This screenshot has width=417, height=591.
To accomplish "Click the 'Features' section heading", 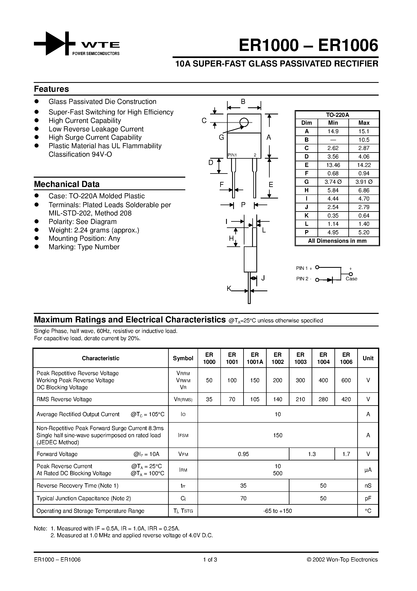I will tap(51, 89).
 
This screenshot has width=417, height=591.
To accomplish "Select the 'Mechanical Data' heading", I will tap(67, 184).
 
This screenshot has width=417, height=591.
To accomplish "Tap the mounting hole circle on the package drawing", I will tap(244, 122).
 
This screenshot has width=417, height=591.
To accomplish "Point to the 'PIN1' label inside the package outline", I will tap(232, 155).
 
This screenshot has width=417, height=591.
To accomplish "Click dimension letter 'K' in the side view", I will tap(229, 289).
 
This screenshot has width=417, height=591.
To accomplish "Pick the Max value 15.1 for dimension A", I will tap(364, 131).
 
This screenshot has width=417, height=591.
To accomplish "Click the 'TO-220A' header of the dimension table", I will tap(337, 115).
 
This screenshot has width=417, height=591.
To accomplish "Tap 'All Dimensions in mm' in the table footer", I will tap(337, 241).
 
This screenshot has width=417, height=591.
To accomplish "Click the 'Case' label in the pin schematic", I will tap(351, 279).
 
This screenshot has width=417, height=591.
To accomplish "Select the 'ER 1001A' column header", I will tap(255, 358).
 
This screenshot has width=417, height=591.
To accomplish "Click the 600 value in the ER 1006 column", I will tap(346, 380).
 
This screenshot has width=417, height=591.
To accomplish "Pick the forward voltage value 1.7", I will tap(346, 454).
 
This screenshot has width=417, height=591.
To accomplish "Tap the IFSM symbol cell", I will tap(183, 435).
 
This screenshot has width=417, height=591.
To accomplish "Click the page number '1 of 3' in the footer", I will tap(210, 560).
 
